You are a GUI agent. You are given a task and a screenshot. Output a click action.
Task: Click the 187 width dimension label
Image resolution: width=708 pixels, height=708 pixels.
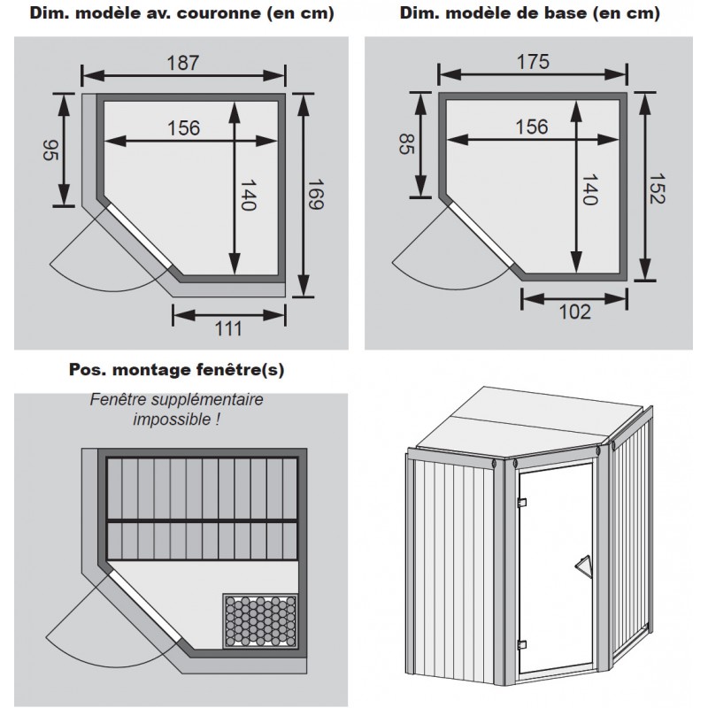point(183,63)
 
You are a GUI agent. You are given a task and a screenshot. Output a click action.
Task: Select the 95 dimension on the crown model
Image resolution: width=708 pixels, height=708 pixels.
point(50,150)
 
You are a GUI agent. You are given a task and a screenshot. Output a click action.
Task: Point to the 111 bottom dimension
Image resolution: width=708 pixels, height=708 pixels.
point(228,329)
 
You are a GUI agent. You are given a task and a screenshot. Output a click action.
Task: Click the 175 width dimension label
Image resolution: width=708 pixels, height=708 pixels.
point(533,62)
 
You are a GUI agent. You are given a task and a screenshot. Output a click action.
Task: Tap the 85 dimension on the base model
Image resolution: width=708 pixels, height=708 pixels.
point(405,144)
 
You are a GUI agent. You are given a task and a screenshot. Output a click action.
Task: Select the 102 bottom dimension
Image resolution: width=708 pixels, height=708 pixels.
point(574,312)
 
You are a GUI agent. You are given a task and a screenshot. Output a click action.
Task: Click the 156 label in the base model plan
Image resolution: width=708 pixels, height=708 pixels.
point(531,127)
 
